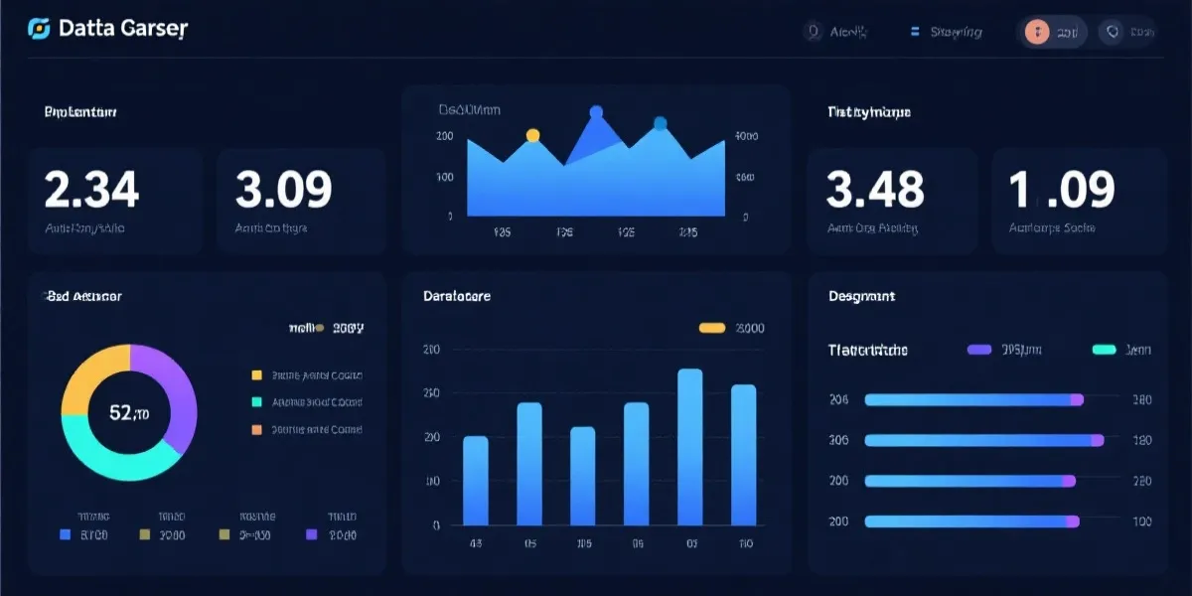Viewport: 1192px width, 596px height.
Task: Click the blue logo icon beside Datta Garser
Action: pyautogui.click(x=39, y=30)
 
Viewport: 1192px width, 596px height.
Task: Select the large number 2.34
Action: pyautogui.click(x=91, y=189)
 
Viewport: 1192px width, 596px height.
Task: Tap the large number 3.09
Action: pyautogui.click(x=283, y=189)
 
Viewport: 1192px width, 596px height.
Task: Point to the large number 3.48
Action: pyautogui.click(x=875, y=189)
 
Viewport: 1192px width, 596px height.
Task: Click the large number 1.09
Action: pyautogui.click(x=1062, y=189)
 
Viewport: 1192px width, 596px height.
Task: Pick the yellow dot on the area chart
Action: pyautogui.click(x=532, y=135)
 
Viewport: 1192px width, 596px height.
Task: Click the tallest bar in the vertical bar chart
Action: pyautogui.click(x=689, y=447)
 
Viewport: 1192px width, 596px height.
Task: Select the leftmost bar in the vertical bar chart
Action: pyautogui.click(x=476, y=481)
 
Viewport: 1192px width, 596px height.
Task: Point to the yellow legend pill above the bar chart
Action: pyautogui.click(x=712, y=328)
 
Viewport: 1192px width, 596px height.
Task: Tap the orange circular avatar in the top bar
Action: pyautogui.click(x=1037, y=32)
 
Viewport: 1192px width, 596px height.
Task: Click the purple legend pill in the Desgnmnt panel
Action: pyautogui.click(x=979, y=350)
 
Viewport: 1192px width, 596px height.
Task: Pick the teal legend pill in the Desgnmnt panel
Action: pyautogui.click(x=1105, y=350)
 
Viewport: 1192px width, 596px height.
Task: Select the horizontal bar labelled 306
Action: pyautogui.click(x=983, y=440)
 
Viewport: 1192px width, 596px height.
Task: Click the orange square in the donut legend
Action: pyautogui.click(x=256, y=430)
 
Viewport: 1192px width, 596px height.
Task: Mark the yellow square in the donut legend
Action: pyautogui.click(x=256, y=375)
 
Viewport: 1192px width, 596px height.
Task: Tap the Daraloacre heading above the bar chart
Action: pyautogui.click(x=456, y=296)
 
